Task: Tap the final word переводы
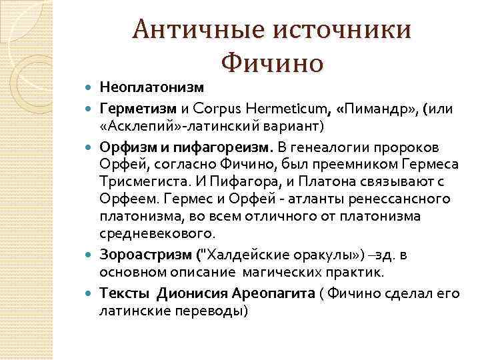tap(213, 311)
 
